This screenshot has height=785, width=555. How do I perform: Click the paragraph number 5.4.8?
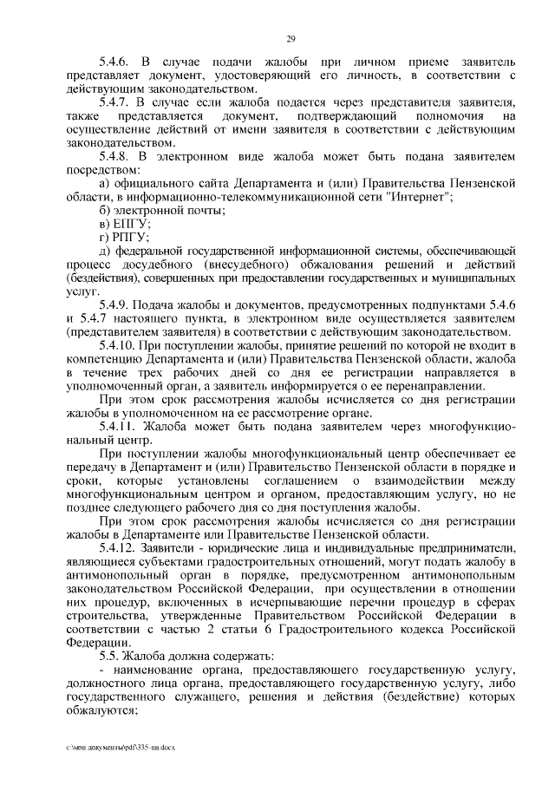[x=116, y=156]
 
